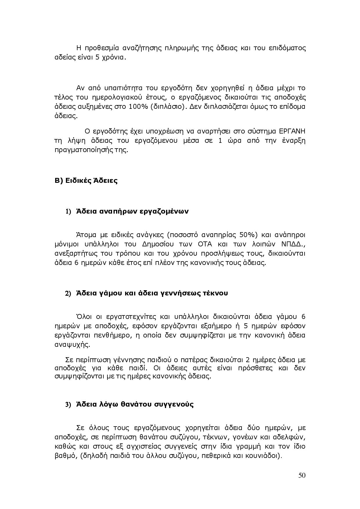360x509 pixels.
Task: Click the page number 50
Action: coord(302,475)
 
